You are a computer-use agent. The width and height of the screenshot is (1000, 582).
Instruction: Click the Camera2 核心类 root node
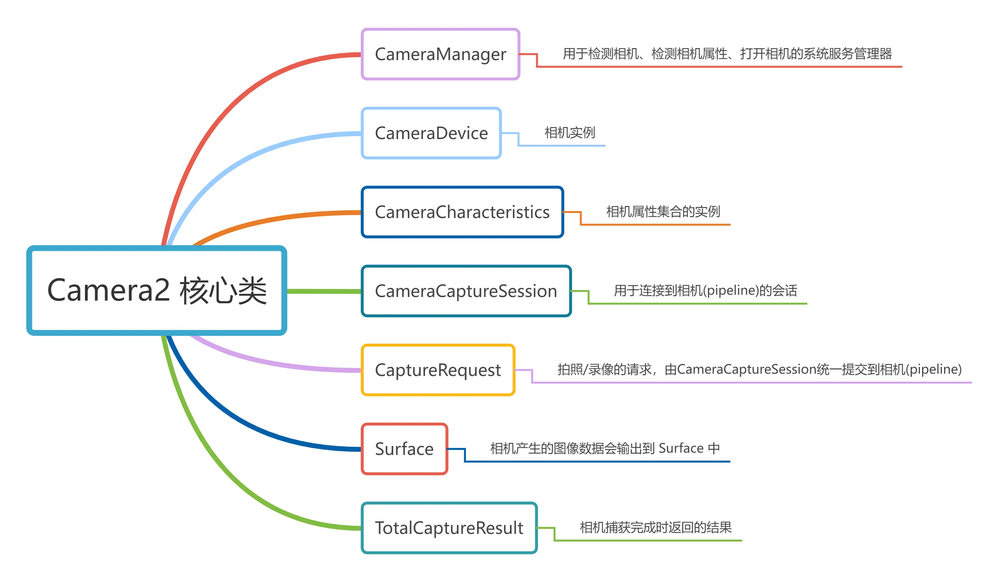157,291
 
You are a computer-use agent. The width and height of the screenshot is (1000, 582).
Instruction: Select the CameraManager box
440,54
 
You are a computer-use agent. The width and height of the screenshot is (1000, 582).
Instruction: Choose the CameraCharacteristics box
462,212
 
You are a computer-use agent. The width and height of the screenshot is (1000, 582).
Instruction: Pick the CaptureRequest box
438,370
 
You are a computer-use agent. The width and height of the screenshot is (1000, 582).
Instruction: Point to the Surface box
404,449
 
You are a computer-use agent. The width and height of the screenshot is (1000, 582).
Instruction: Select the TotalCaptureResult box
449,528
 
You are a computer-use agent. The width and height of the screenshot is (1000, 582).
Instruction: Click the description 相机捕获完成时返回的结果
656,528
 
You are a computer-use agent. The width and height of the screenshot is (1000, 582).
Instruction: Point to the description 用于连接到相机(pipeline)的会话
705,291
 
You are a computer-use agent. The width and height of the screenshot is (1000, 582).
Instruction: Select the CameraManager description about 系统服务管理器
727,54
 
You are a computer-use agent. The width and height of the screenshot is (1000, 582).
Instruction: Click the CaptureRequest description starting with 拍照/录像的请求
759,369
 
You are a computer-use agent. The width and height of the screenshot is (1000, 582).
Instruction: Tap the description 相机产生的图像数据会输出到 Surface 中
605,448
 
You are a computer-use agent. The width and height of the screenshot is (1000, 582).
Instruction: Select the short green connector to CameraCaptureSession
323,291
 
